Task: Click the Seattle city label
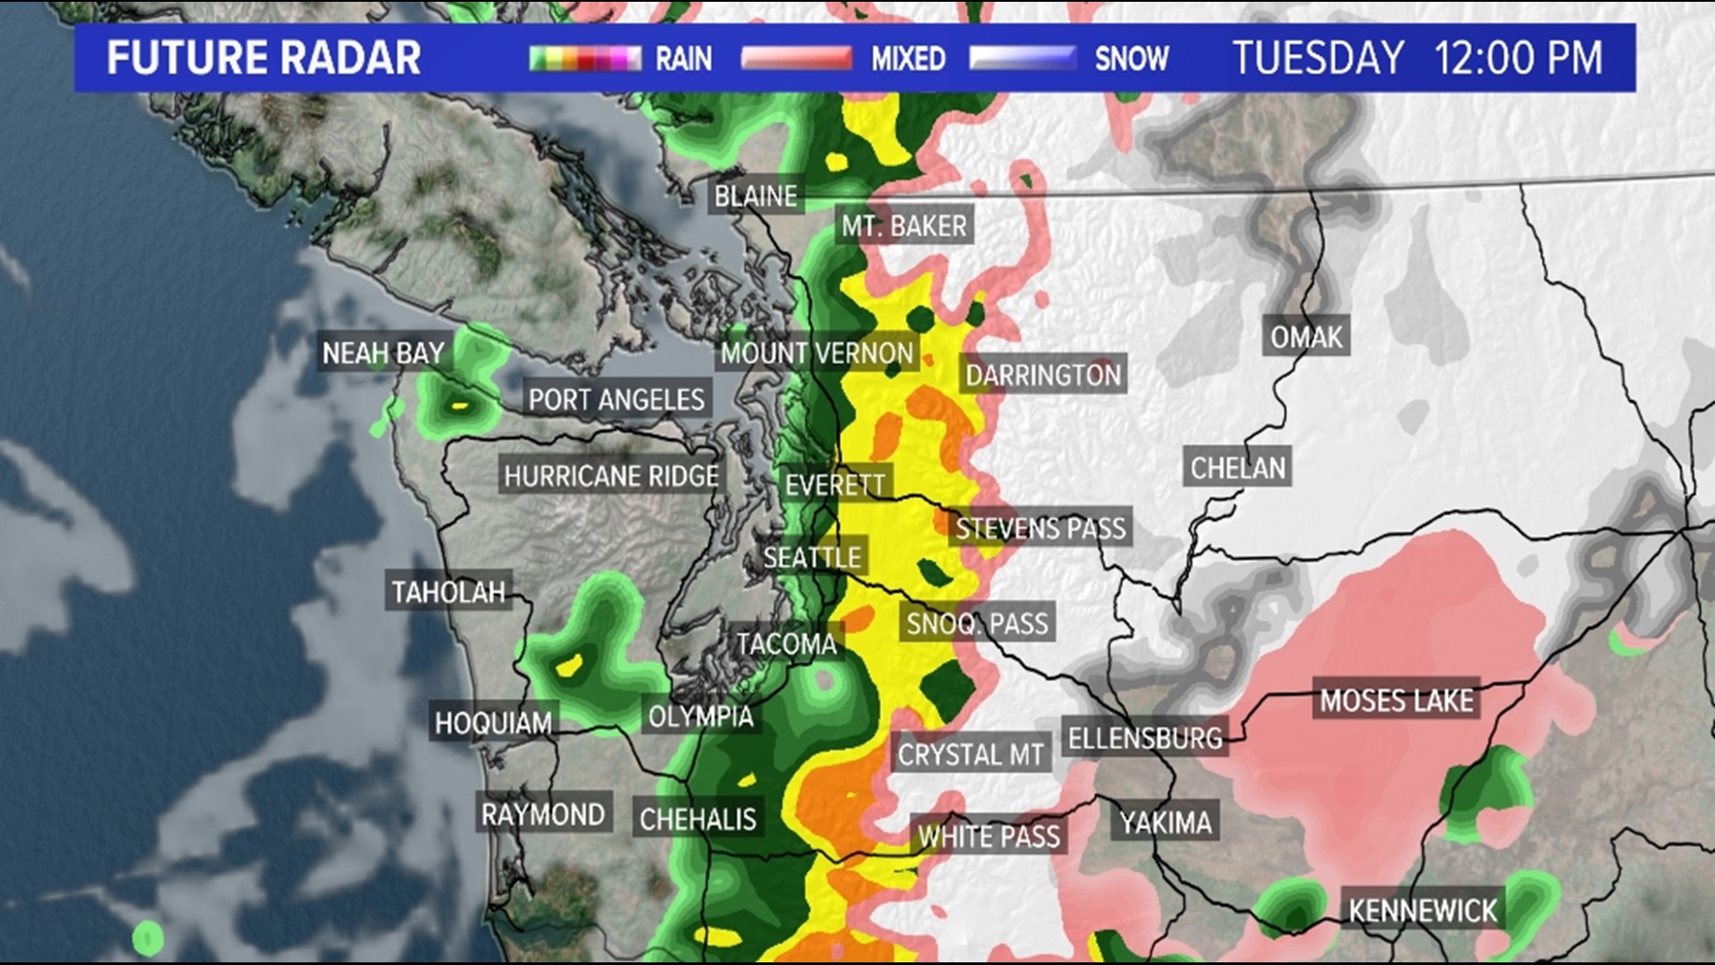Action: [x=812, y=558]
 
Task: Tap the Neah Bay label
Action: [x=383, y=354]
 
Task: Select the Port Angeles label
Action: [x=616, y=399]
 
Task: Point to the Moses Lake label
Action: [x=1396, y=701]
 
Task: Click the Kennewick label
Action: [x=1422, y=910]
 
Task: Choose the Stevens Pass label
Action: [x=1041, y=528]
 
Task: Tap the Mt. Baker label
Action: [x=904, y=226]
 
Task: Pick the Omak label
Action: [x=1306, y=337]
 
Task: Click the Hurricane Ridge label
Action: [x=611, y=476]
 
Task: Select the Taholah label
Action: [x=448, y=592]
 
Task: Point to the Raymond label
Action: [x=543, y=814]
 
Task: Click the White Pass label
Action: [x=989, y=836]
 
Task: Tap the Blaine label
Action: [x=756, y=196]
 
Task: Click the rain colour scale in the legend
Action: [x=585, y=59]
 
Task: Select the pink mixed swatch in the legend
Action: [x=796, y=59]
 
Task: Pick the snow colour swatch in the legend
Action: [x=1023, y=59]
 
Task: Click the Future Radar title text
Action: [x=264, y=58]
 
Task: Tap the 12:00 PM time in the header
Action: [x=1518, y=58]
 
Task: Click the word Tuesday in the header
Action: [x=1318, y=58]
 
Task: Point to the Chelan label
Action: [x=1237, y=467]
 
